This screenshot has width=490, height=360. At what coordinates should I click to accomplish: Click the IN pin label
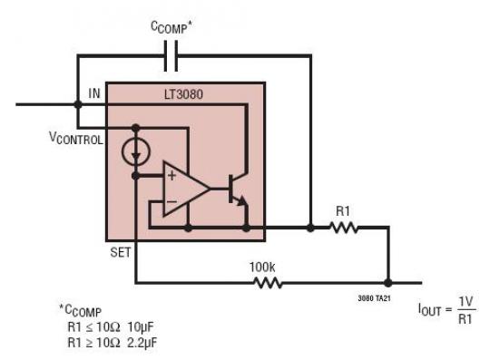(x=93, y=93)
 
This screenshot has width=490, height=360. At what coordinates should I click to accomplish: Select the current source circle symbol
(x=135, y=151)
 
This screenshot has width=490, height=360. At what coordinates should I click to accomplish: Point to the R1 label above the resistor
(x=343, y=209)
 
